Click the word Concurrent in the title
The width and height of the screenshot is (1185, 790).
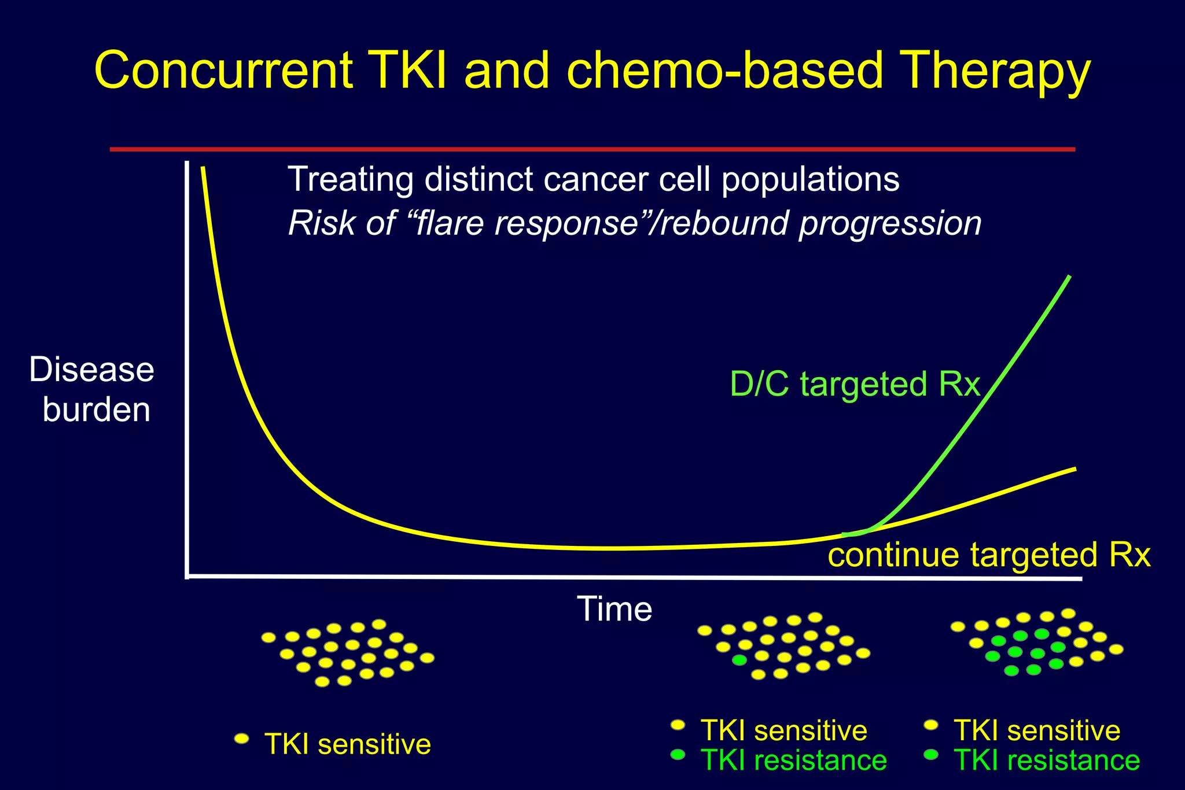pyautogui.click(x=223, y=71)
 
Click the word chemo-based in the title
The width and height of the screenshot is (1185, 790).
pyautogui.click(x=724, y=71)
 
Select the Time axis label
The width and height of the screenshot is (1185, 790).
pyautogui.click(x=614, y=609)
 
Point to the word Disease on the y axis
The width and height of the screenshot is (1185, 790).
pyautogui.click(x=91, y=370)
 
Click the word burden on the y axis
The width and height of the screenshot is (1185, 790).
pyautogui.click(x=96, y=410)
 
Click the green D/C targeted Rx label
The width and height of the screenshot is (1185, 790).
pyautogui.click(x=855, y=384)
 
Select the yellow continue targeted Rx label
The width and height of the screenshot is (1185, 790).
pyautogui.click(x=988, y=555)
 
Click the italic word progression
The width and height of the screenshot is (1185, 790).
pyautogui.click(x=890, y=223)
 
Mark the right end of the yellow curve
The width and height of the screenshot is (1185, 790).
pyautogui.click(x=1074, y=468)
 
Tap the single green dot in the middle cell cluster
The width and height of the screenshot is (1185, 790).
pyautogui.click(x=739, y=660)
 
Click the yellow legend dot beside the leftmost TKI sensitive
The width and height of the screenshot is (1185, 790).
pyautogui.click(x=241, y=739)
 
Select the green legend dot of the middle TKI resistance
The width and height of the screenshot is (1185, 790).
pyautogui.click(x=678, y=755)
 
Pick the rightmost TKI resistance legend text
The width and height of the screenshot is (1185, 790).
pyautogui.click(x=1046, y=760)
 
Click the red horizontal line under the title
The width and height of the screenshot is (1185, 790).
pyautogui.click(x=592, y=149)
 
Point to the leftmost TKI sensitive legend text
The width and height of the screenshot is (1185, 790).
pyautogui.click(x=347, y=744)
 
